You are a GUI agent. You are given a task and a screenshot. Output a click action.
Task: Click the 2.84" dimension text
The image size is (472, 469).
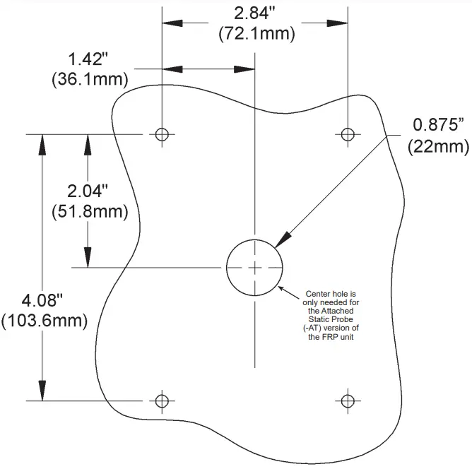(x=256, y=13)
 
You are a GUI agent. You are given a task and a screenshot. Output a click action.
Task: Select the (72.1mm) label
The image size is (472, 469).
(x=256, y=32)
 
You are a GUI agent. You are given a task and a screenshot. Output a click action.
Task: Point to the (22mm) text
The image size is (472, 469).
(x=438, y=146)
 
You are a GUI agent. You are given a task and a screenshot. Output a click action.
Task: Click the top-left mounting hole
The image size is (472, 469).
(x=163, y=134)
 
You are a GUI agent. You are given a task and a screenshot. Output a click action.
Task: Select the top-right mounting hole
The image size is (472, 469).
(x=346, y=134)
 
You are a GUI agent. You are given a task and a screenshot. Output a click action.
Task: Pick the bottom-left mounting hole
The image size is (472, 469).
(x=163, y=400)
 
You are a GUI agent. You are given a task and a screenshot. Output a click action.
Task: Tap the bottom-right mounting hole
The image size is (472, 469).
(x=346, y=400)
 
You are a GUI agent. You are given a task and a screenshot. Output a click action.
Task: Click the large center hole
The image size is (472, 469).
(x=254, y=267)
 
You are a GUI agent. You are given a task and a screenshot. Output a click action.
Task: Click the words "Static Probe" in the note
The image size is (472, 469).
(x=332, y=319)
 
